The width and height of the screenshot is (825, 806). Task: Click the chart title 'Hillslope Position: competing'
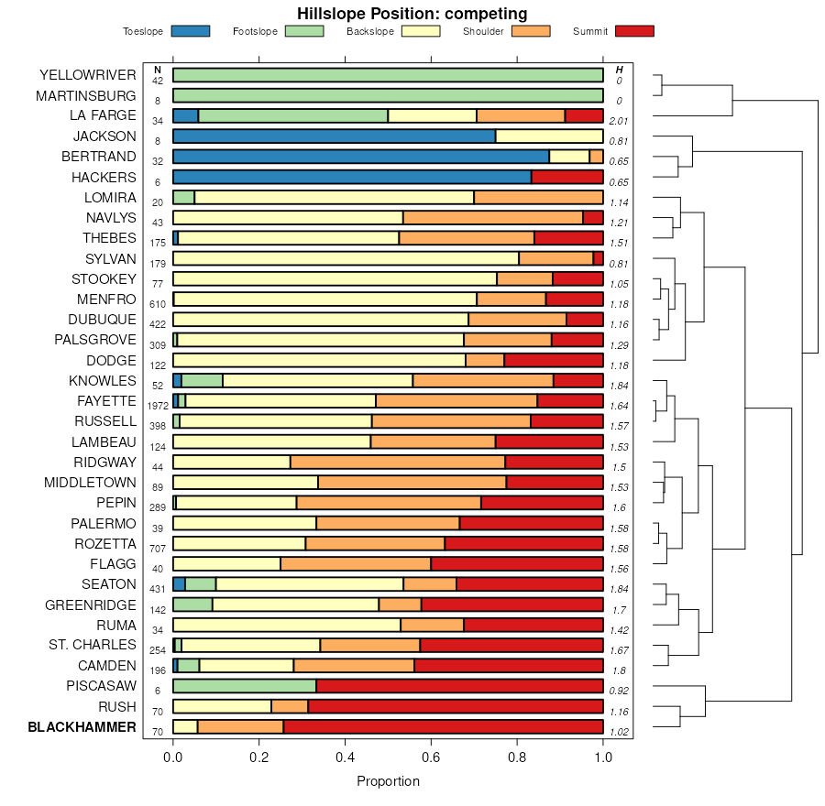tap(412, 13)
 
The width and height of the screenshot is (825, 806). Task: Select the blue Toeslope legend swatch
tap(190, 31)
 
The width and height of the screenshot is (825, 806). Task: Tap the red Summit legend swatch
tap(634, 31)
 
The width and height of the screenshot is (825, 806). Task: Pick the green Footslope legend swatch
tap(303, 31)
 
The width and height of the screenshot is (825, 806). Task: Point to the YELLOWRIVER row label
tap(88, 75)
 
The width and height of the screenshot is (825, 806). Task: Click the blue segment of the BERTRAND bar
tap(360, 157)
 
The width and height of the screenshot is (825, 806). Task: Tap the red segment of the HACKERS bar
tap(566, 177)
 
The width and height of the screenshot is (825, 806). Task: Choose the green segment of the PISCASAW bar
tap(244, 686)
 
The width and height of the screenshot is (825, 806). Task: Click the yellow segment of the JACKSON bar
tap(549, 136)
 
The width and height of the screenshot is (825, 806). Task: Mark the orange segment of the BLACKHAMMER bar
tap(240, 727)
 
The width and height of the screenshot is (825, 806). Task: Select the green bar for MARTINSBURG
tap(388, 95)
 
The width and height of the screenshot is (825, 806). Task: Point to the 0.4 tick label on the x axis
tap(345, 757)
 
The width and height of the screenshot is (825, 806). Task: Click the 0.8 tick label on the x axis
tap(517, 757)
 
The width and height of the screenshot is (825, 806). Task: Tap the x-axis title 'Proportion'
tap(388, 781)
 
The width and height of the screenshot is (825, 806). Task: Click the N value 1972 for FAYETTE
tap(158, 406)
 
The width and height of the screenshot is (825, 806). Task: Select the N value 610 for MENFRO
tap(158, 304)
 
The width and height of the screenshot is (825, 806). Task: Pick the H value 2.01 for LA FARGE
tap(619, 121)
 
